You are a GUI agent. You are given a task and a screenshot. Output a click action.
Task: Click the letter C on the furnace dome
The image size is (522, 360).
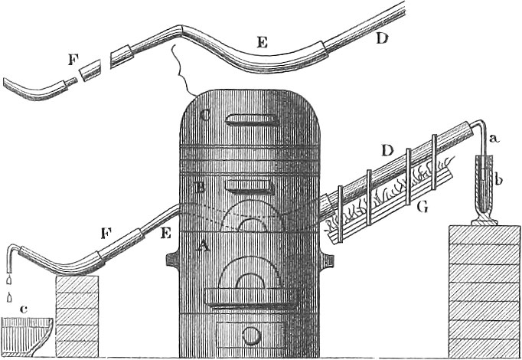pyautogui.click(x=204, y=116)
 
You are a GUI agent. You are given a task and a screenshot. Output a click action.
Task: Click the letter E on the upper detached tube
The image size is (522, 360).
pyautogui.click(x=262, y=45)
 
